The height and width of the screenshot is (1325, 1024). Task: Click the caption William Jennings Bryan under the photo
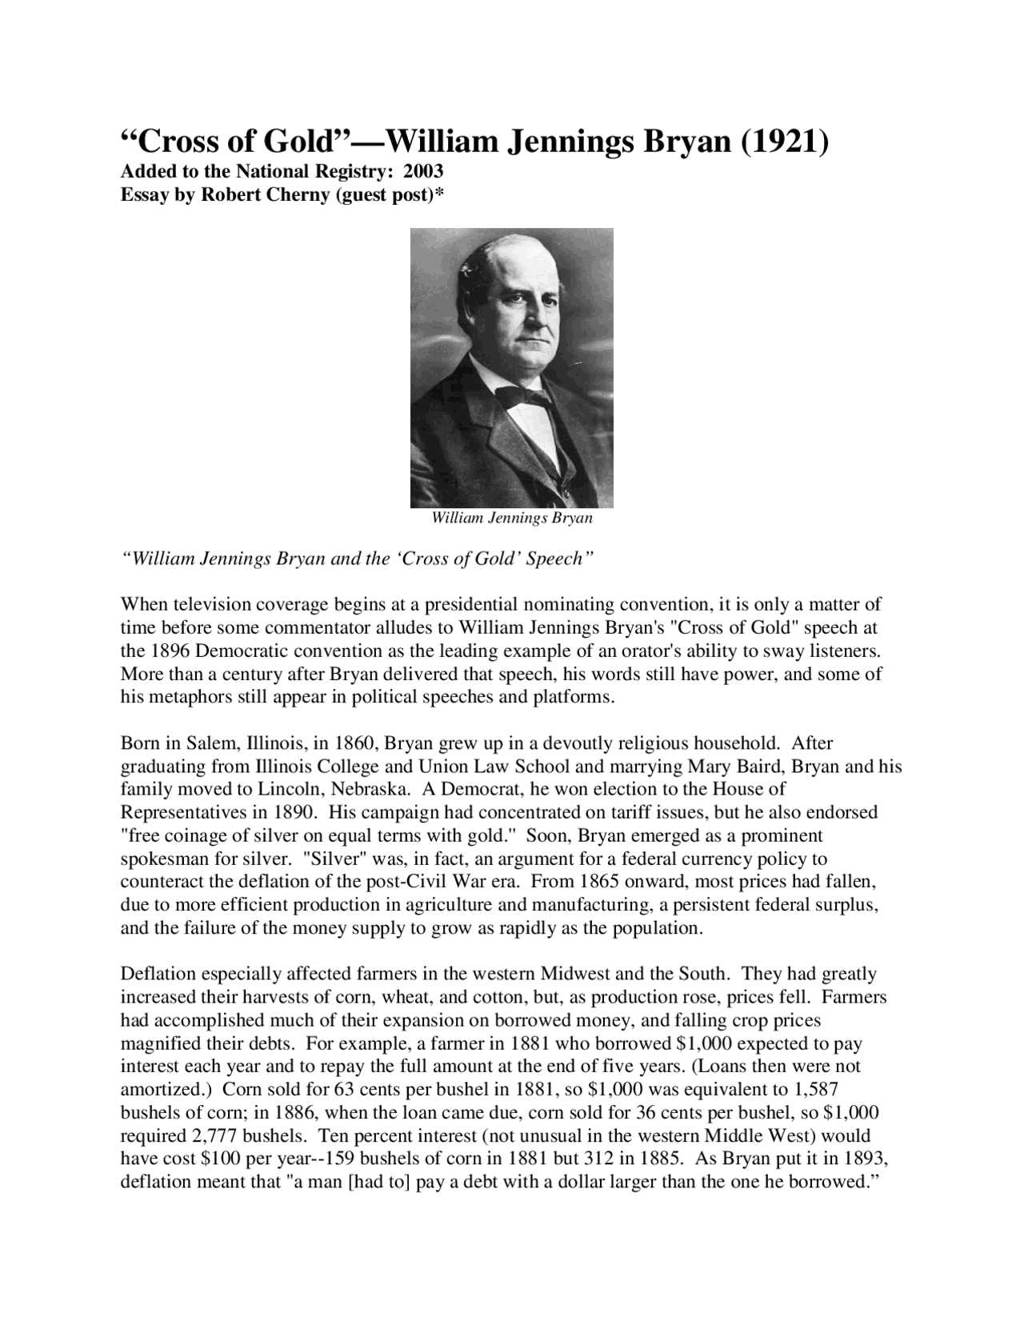(x=512, y=518)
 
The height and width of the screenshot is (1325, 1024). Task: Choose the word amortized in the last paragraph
(x=163, y=1090)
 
